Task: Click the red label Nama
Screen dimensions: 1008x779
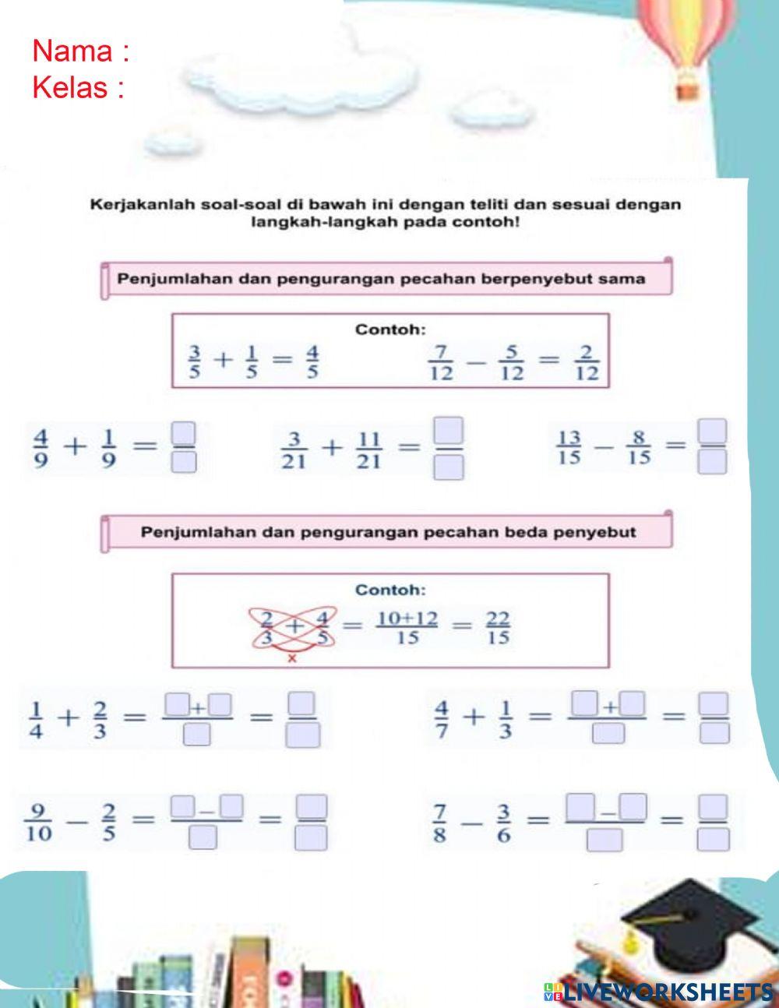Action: tap(74, 51)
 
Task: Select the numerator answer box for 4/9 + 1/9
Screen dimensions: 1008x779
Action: tap(183, 432)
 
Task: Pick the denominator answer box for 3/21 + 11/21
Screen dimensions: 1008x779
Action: tap(448, 467)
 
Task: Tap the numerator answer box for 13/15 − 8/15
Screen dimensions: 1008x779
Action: tap(712, 430)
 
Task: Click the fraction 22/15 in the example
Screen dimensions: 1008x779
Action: tap(498, 628)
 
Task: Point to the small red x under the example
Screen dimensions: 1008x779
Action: tap(292, 659)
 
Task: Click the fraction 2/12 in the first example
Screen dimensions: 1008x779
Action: tap(587, 363)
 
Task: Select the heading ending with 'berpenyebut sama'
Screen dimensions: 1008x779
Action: tap(381, 279)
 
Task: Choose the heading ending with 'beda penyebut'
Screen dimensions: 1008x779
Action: tap(388, 533)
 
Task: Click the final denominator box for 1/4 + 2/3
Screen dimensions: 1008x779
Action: tap(302, 735)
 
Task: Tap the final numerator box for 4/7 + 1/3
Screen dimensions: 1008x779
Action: tap(713, 705)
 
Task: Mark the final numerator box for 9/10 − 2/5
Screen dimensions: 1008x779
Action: tap(312, 806)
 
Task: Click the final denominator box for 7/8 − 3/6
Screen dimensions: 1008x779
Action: tap(714, 839)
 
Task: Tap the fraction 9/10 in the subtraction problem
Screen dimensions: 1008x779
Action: tap(39, 823)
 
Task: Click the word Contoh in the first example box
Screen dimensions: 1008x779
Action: tap(390, 330)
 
